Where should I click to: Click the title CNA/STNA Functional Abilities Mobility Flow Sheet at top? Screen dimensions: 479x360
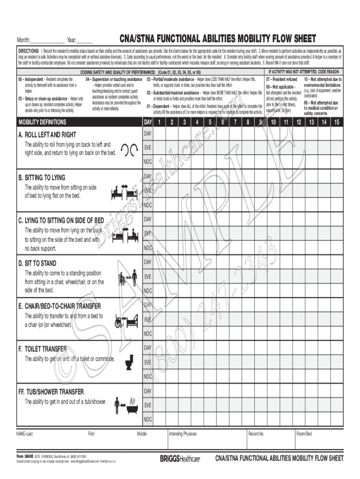(x=217, y=38)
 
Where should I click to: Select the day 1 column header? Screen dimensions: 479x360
(x=159, y=123)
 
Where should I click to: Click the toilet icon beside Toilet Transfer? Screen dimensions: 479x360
(x=129, y=362)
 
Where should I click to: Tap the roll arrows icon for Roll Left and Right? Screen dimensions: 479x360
(x=129, y=149)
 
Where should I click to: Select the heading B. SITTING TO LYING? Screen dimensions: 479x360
(x=42, y=178)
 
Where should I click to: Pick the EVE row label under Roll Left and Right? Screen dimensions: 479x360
(x=147, y=147)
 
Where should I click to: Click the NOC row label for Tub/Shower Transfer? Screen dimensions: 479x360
(x=148, y=419)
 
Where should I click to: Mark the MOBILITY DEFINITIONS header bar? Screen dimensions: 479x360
(x=42, y=123)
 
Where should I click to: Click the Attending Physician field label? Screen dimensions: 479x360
(x=183, y=434)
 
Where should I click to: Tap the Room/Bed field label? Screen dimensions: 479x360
(x=304, y=434)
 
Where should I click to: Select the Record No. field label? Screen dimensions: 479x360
(x=256, y=434)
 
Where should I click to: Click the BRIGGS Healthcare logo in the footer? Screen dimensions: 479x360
(x=180, y=459)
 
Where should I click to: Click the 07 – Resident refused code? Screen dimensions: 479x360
(x=281, y=80)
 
